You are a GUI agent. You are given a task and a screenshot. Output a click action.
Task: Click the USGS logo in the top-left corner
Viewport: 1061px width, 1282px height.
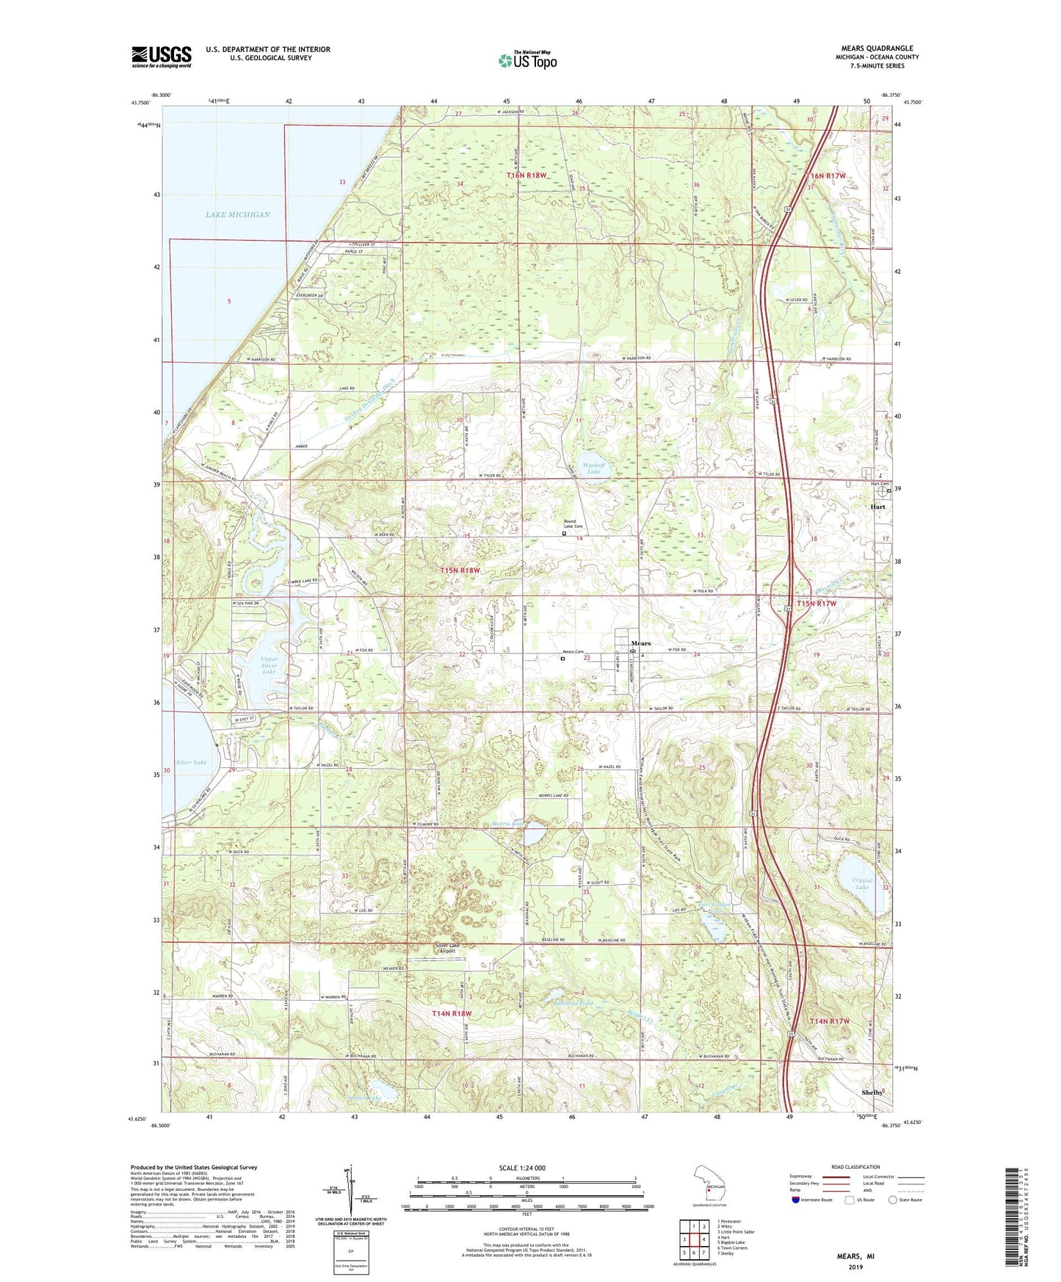tap(162, 57)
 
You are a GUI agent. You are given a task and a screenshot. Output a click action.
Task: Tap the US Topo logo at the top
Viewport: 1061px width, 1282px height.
tap(526, 61)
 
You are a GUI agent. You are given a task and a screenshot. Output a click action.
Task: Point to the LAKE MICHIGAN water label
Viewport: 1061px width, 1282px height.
tap(237, 214)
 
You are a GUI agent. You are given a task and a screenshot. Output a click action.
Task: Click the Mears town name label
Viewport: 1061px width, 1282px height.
tap(641, 643)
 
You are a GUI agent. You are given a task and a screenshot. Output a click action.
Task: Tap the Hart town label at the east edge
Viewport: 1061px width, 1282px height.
tap(877, 507)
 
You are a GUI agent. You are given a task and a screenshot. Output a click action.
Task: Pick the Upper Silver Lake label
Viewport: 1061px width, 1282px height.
tap(269, 665)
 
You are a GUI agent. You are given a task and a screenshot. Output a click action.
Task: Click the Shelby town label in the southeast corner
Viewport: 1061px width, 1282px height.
tap(872, 1093)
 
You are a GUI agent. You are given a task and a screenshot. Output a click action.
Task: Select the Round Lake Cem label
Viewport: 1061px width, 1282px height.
tap(573, 526)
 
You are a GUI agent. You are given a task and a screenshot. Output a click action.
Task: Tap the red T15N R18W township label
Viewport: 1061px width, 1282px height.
tap(460, 570)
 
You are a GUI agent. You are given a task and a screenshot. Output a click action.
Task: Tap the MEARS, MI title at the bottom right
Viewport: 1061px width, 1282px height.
tap(855, 1256)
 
